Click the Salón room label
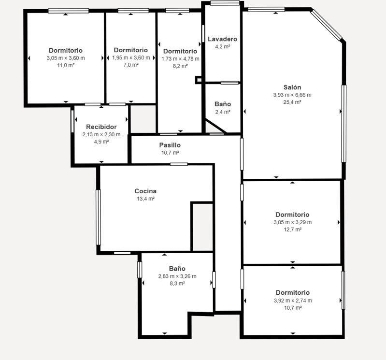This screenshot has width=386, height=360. point(292,87)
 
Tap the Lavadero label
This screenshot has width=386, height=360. point(223,39)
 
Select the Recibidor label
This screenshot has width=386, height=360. point(101,127)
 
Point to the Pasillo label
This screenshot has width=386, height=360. point(170,145)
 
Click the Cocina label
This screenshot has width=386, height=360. point(145,191)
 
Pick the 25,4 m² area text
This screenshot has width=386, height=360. point(292,102)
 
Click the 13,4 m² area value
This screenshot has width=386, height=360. point(145,199)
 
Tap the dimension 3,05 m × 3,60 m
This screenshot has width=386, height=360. point(66,58)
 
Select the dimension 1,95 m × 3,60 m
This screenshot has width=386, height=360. point(131,58)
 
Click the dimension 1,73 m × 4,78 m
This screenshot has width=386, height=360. point(181,59)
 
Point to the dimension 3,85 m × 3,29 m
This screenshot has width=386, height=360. point(292,222)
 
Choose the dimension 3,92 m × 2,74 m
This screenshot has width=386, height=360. point(293,301)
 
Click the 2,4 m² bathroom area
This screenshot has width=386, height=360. point(223,112)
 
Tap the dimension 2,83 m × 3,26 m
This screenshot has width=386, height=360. point(177,276)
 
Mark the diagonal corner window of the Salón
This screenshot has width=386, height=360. point(327,25)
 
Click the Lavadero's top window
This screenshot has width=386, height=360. point(225,3)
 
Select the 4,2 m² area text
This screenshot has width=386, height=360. point(223,46)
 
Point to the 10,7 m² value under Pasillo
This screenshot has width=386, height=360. point(170,153)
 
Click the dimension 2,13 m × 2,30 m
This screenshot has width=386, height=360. point(101,134)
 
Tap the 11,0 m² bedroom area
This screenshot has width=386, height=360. point(66,66)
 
